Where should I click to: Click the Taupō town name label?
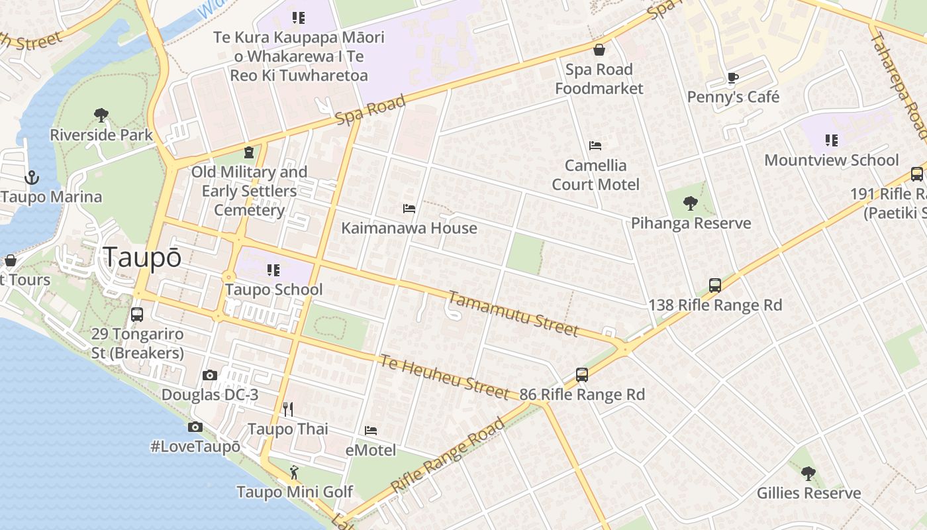142,258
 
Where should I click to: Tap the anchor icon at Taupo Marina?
31,178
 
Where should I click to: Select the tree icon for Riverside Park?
101,115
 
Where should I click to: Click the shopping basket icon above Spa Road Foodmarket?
599,50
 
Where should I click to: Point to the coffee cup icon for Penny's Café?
733,78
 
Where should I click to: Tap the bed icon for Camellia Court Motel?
595,146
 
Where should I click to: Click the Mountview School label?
832,160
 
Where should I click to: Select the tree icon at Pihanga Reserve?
691,203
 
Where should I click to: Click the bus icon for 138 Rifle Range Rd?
715,286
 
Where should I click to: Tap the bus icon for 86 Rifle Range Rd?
582,375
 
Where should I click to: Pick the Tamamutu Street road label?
514,314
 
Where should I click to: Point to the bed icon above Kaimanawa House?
409,209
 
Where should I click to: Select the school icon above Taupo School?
273,270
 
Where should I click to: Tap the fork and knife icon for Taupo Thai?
288,409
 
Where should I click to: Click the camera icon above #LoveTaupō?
195,427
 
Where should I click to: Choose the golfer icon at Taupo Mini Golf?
295,472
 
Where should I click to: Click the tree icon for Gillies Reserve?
808,474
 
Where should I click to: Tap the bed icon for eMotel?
371,431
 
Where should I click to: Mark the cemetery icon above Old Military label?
249,153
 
